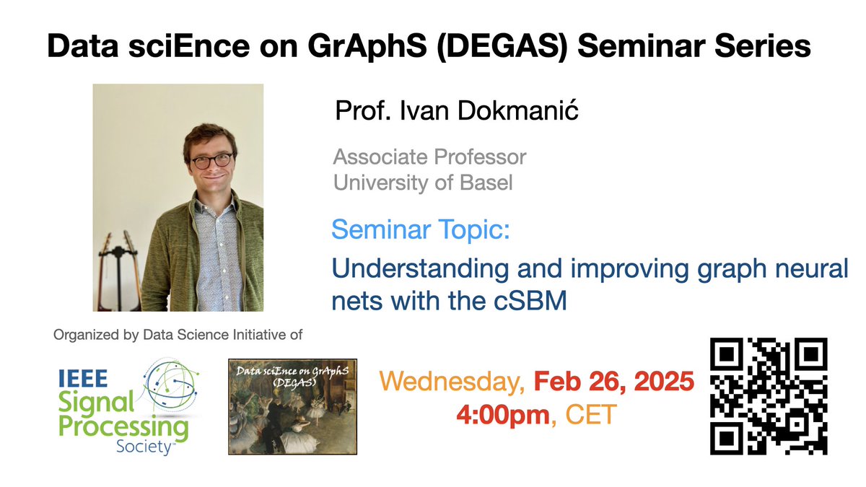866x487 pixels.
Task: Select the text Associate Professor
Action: tap(429, 157)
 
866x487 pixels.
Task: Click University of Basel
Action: tap(423, 183)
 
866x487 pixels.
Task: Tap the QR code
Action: tap(768, 397)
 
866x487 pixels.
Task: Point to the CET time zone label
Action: tap(587, 416)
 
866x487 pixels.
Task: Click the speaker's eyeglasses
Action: tap(211, 160)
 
